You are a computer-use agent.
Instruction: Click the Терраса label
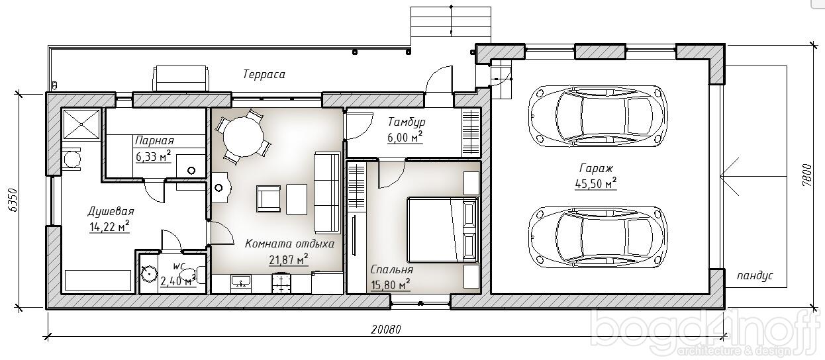tap(264, 74)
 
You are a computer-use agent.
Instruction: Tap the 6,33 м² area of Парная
tap(153, 156)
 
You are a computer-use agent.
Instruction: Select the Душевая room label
tap(111, 211)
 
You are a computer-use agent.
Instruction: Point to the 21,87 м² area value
tap(289, 259)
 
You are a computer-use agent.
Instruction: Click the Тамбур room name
tap(407, 122)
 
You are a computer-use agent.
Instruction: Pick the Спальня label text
tap(391, 270)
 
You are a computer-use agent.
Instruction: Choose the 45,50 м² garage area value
tap(595, 183)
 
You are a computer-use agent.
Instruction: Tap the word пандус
tap(755, 276)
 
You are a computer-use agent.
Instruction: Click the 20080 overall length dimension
tap(385, 329)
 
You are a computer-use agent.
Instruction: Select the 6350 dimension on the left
tap(13, 201)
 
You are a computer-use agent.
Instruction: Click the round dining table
tap(244, 137)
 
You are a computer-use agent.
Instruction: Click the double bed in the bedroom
tap(443, 230)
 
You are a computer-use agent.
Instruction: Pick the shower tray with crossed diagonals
tap(81, 124)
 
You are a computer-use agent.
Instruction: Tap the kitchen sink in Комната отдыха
tap(241, 282)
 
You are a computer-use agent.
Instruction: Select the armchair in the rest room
tap(269, 199)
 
